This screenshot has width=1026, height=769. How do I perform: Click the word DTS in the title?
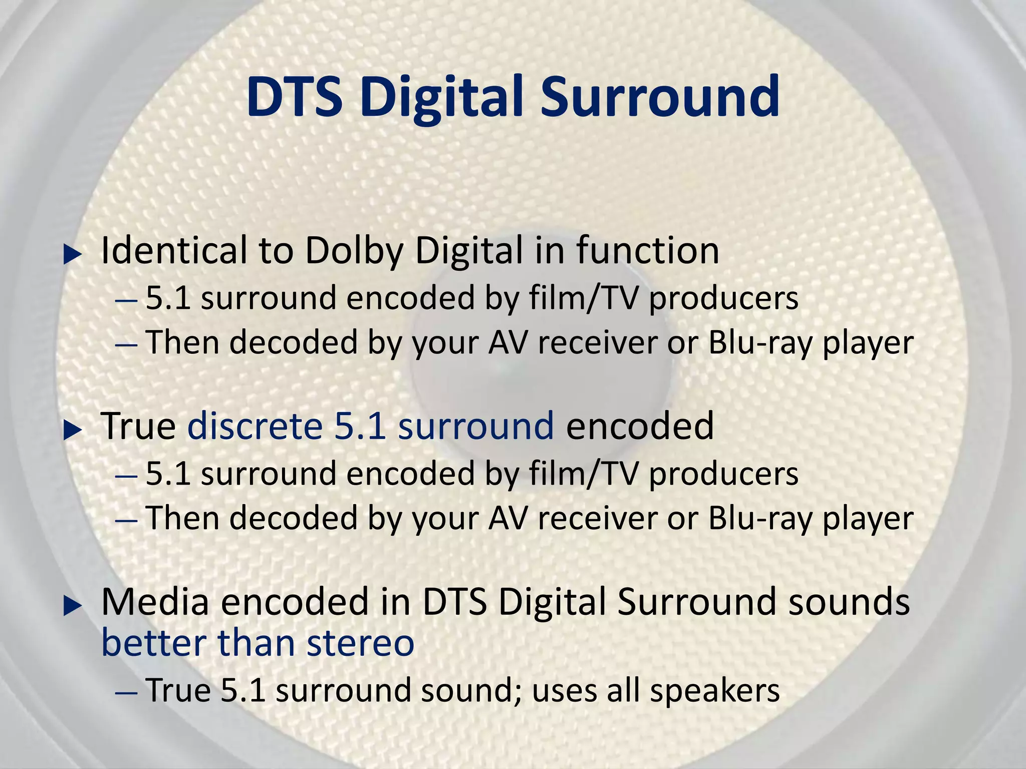(x=295, y=96)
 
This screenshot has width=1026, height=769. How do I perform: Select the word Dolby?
(x=354, y=252)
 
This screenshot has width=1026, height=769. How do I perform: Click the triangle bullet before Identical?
(x=73, y=255)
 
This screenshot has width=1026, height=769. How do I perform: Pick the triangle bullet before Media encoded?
(x=73, y=606)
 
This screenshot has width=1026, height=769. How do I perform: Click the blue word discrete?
(x=254, y=426)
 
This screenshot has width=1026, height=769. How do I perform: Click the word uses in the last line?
(x=563, y=691)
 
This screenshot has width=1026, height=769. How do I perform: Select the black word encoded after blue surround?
(x=640, y=426)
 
